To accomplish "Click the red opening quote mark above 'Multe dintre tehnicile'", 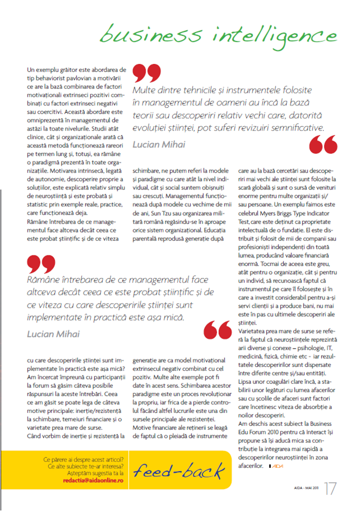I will [146, 74].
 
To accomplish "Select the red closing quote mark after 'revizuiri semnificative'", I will [324, 144].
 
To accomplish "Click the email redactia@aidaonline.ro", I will [94, 480].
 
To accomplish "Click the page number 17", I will [331, 487].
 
